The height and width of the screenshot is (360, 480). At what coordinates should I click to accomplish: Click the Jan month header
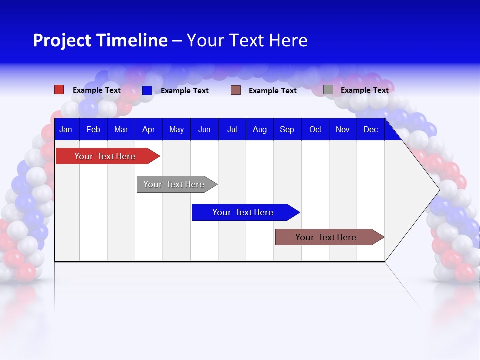click(66, 129)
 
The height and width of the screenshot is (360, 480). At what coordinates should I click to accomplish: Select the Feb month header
click(93, 129)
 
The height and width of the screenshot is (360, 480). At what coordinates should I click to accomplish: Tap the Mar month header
click(121, 129)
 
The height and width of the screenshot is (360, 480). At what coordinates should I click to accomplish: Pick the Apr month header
click(149, 129)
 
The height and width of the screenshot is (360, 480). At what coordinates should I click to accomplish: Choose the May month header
click(176, 129)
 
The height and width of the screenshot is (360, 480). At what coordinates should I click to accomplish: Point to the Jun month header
click(204, 129)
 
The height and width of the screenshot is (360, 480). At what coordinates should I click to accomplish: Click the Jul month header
click(232, 129)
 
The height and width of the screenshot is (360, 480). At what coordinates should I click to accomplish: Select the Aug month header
click(260, 129)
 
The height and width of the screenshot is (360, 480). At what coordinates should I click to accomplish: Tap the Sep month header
click(287, 129)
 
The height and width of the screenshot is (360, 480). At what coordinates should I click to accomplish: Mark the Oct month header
click(315, 129)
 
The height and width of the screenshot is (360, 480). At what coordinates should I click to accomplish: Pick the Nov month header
click(343, 129)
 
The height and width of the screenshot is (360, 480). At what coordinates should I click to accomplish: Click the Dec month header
click(371, 129)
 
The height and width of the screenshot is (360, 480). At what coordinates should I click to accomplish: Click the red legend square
click(59, 90)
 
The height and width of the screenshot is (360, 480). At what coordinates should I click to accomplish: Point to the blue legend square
click(147, 90)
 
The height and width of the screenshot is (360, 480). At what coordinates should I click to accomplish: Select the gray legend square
click(328, 90)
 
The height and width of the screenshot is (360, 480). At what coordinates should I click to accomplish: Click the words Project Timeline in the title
click(100, 40)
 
